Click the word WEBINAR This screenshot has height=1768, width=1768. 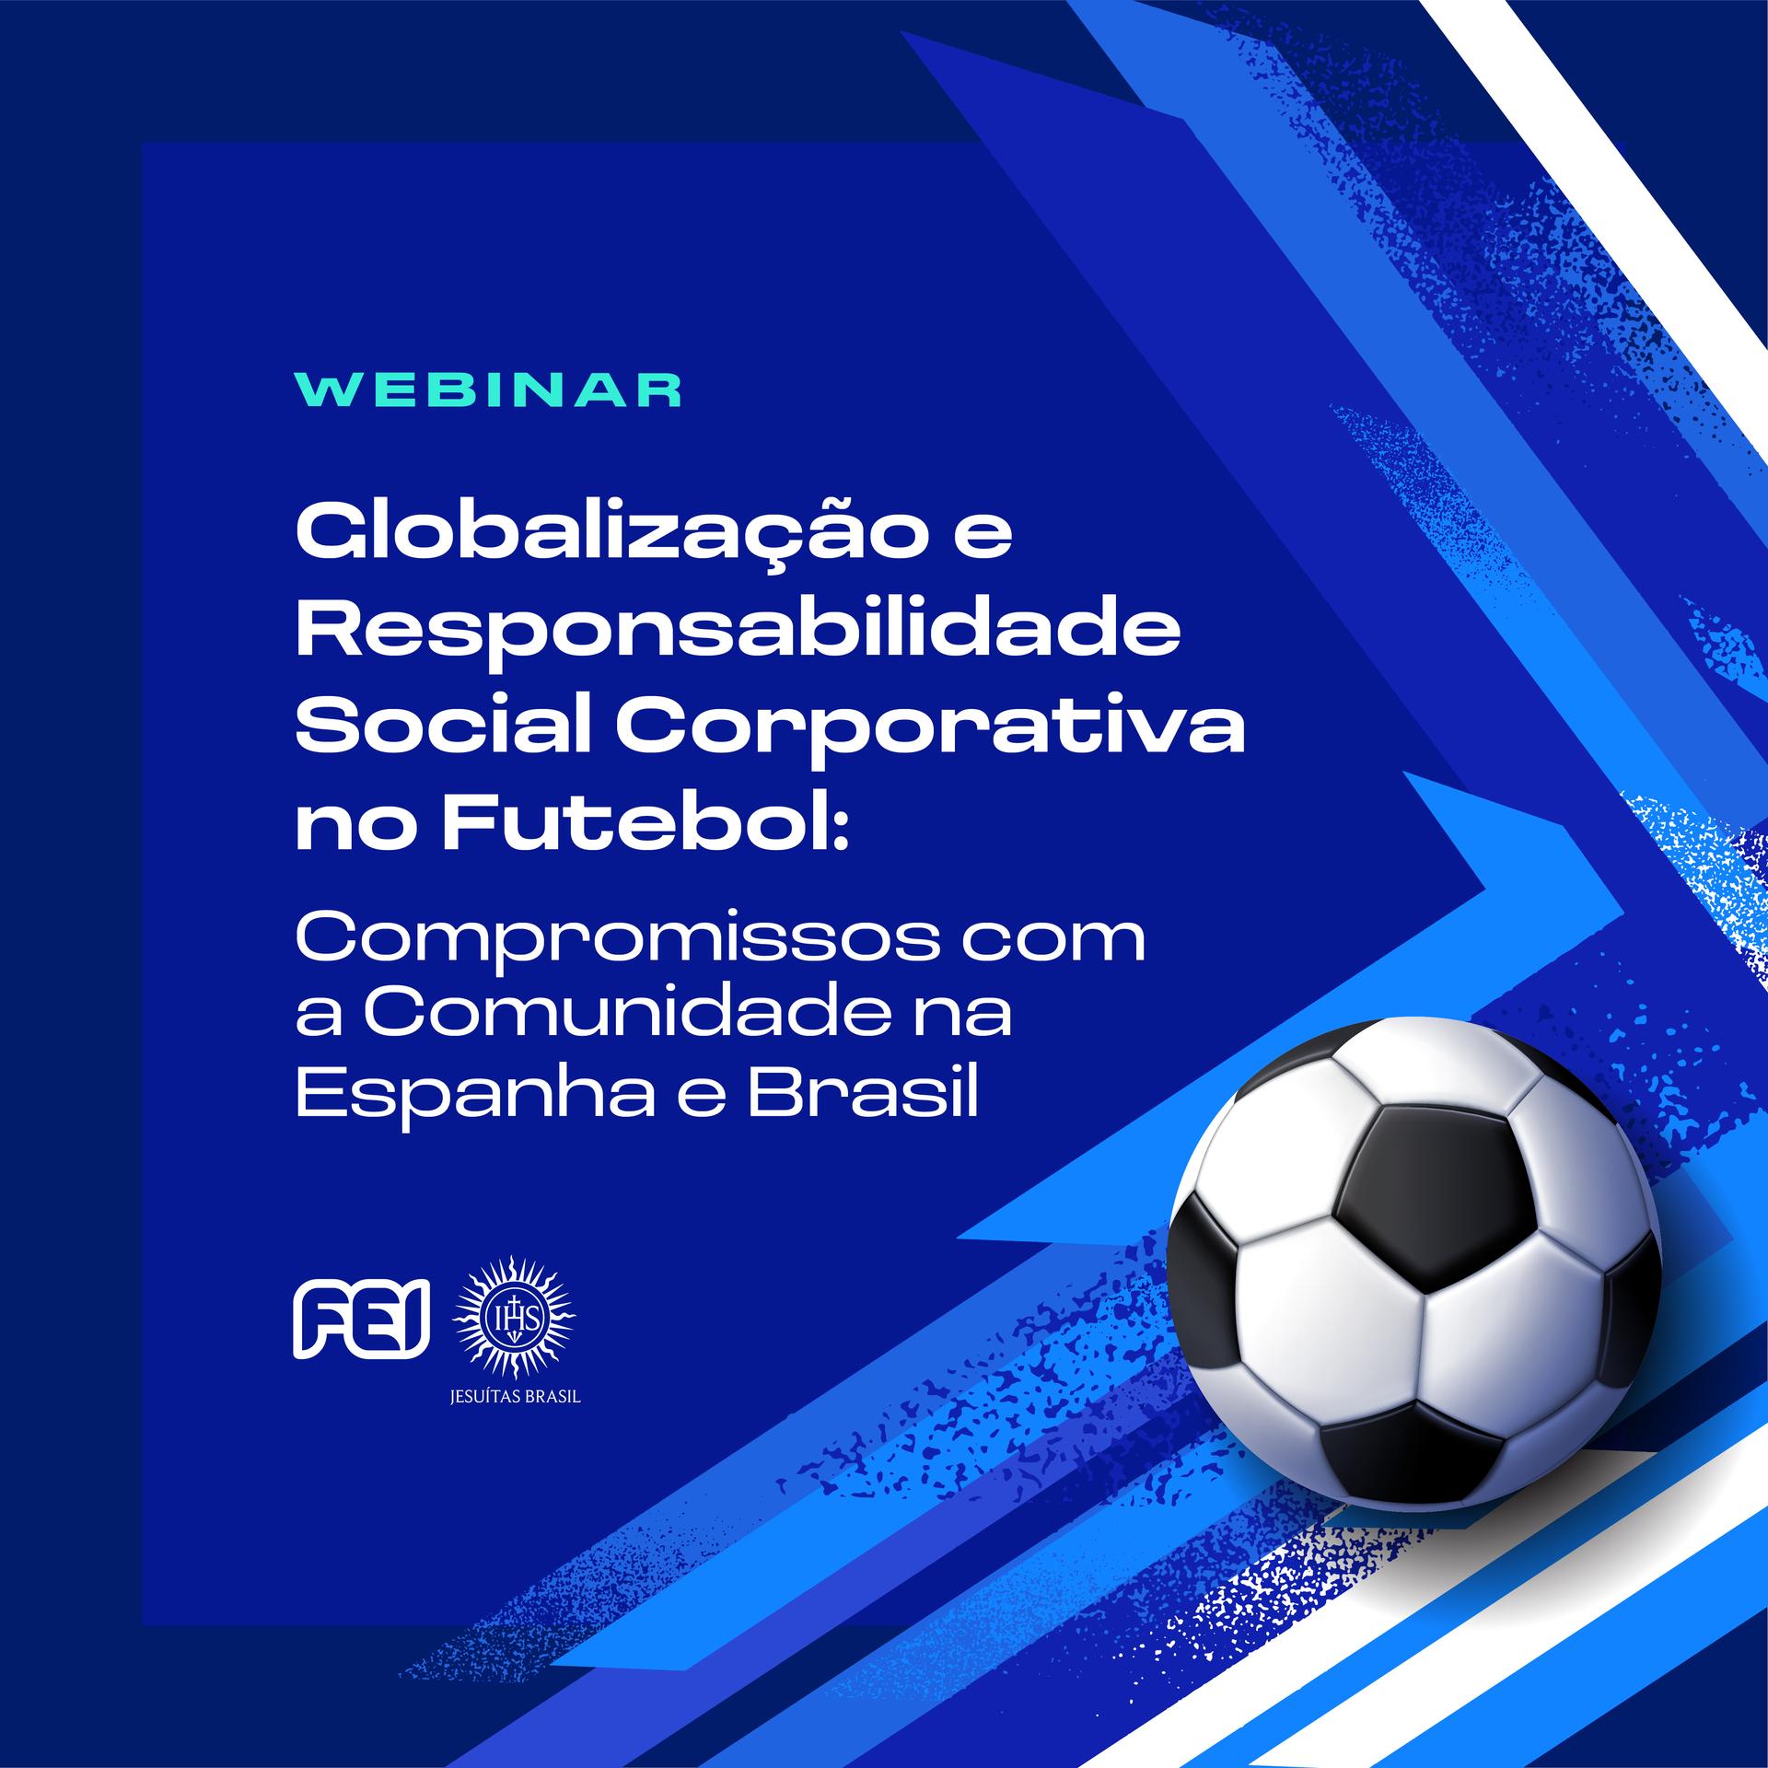[x=488, y=390]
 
